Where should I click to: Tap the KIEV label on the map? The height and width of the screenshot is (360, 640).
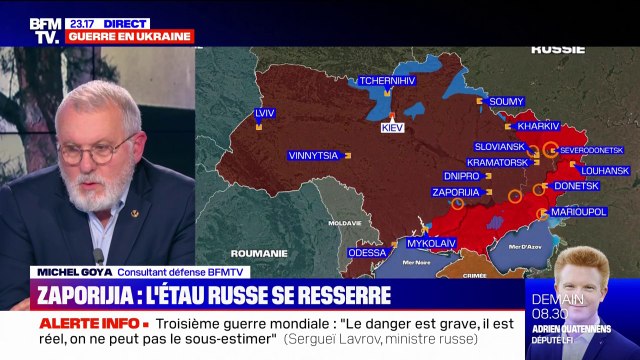(x=393, y=128)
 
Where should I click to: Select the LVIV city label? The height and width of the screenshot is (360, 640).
(x=265, y=113)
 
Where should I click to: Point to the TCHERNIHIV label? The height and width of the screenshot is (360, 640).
(x=389, y=81)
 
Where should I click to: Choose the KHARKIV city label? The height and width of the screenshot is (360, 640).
(x=538, y=127)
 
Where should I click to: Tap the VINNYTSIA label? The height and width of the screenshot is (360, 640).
(x=313, y=155)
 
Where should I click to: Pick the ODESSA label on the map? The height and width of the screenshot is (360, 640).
(x=367, y=252)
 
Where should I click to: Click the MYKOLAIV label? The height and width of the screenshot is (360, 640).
(x=431, y=242)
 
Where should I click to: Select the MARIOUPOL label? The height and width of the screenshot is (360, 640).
(x=580, y=212)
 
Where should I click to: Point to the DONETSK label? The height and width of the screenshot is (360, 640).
(x=576, y=186)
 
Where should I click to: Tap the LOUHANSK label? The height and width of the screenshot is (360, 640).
(x=604, y=171)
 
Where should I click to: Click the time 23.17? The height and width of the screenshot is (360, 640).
(x=81, y=22)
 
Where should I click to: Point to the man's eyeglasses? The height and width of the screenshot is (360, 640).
(x=95, y=153)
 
